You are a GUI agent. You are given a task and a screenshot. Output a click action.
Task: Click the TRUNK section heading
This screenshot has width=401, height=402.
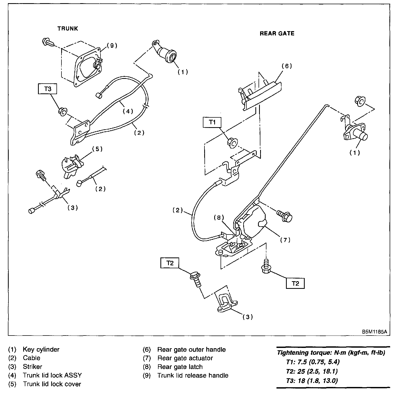pos(68,28)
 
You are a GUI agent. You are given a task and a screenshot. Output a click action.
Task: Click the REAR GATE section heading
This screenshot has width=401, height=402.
pos(277,33)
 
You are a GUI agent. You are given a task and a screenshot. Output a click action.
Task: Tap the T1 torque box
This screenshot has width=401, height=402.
pos(212,122)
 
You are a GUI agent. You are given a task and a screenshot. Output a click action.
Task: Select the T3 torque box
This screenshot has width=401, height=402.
pos(48,89)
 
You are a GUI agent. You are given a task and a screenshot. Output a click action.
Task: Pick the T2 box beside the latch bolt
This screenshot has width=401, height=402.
pos(295,283)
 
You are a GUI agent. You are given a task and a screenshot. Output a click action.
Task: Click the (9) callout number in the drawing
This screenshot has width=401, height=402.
pos(112,46)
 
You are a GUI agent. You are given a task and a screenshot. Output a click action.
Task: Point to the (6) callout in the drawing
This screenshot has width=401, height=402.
pos(287,66)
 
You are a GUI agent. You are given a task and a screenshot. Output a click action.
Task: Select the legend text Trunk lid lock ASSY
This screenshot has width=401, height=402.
pos(52,375)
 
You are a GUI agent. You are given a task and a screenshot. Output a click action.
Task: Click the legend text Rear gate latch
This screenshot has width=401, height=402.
pos(180,367)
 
